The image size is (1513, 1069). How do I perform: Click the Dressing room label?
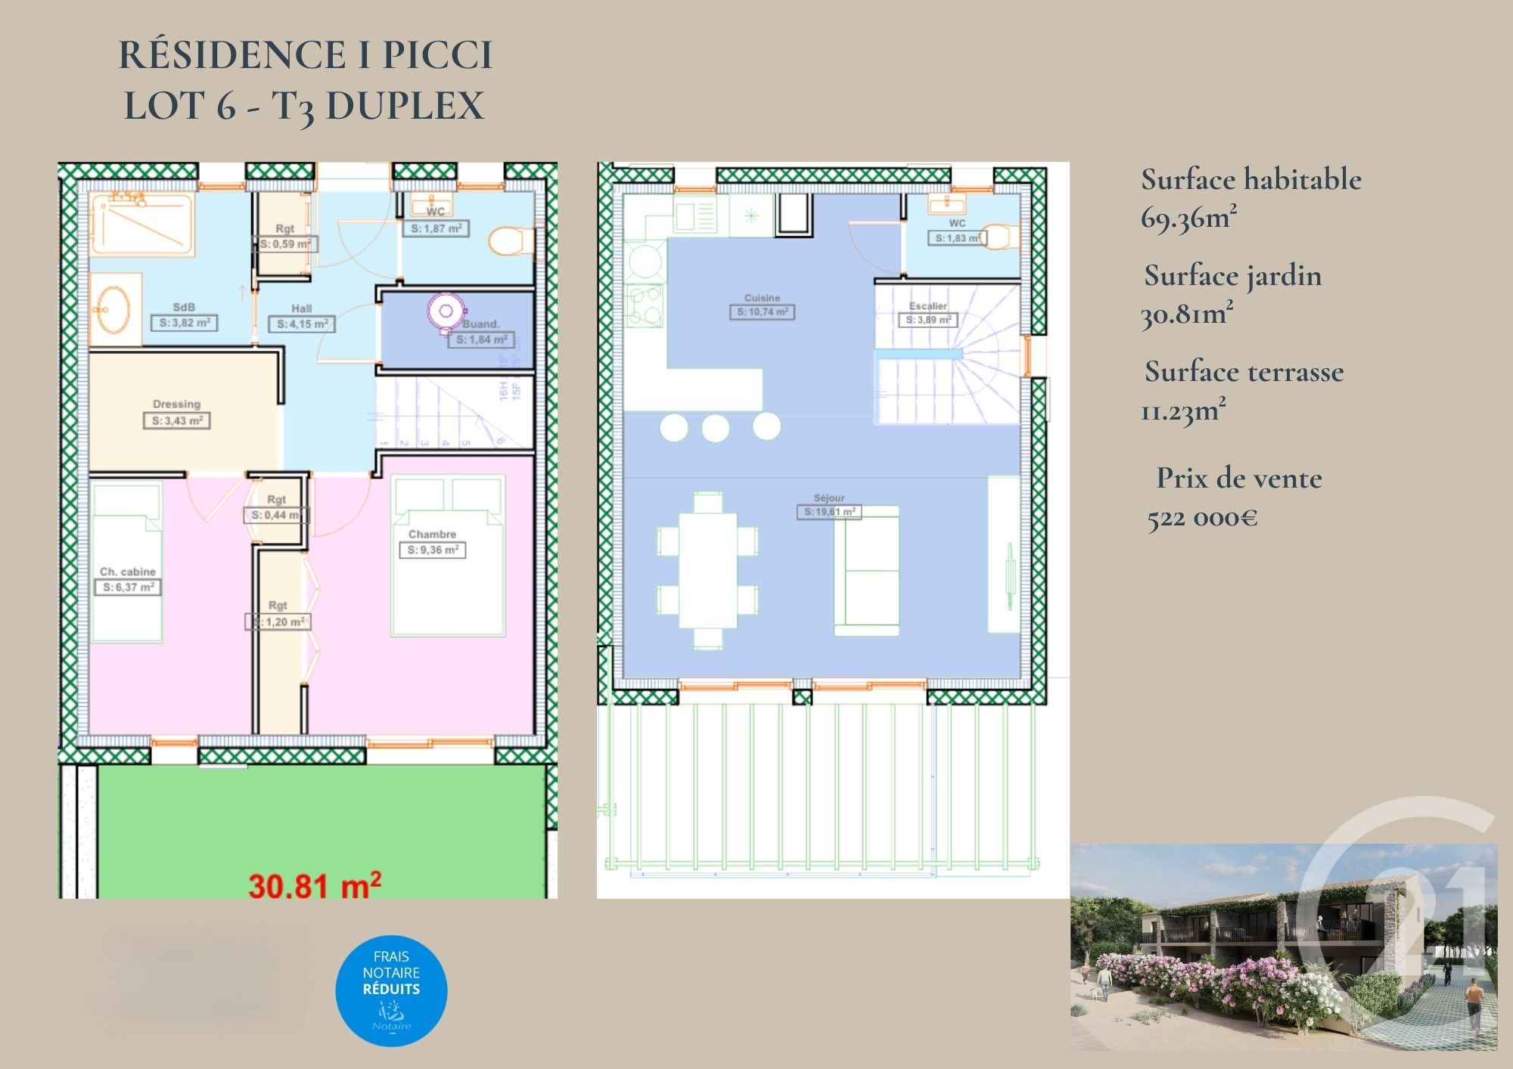tap(176, 404)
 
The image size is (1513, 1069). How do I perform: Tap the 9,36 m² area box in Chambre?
tap(432, 550)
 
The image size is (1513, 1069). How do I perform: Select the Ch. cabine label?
tap(127, 572)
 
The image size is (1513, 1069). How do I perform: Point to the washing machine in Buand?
tap(446, 311)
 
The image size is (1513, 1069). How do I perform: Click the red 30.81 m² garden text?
tap(314, 885)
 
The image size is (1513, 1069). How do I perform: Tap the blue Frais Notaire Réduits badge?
tap(391, 990)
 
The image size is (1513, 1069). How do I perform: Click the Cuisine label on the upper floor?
tap(762, 298)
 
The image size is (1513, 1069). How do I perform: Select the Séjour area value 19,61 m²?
tap(829, 512)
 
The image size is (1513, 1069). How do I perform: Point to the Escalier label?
tap(927, 306)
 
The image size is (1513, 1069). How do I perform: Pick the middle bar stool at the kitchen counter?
tap(715, 428)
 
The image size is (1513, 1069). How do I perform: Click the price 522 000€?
tap(1202, 518)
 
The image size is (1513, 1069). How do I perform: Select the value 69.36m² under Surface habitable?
tap(1188, 218)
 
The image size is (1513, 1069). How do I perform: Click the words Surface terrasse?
tap(1244, 372)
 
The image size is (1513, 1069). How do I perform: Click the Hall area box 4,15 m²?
tap(302, 324)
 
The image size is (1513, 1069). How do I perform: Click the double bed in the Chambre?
tap(448, 556)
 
